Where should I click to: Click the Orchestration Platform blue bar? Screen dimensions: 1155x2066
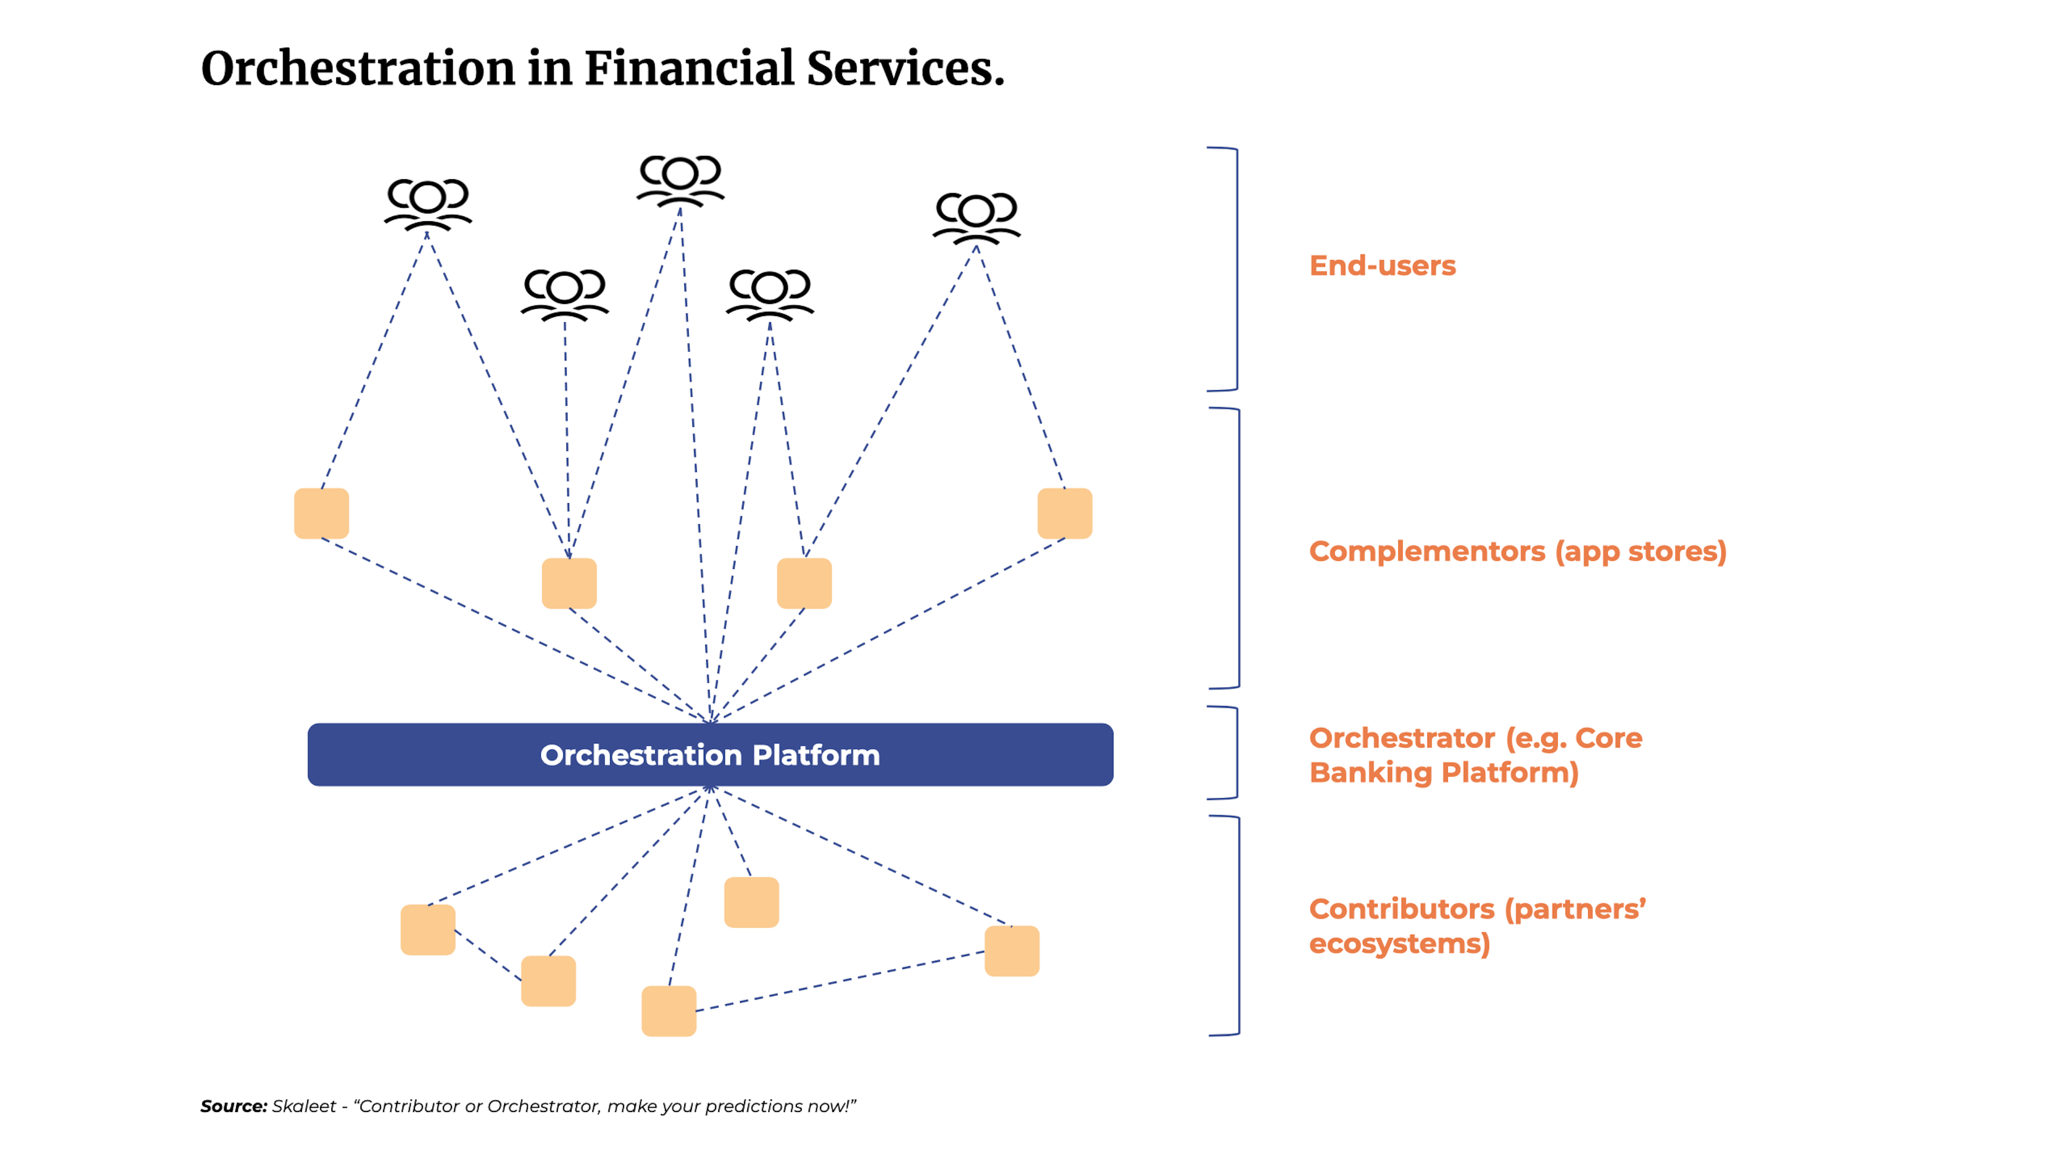710,755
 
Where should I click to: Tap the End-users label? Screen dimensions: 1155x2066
1382,265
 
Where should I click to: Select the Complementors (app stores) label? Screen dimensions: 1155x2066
1517,551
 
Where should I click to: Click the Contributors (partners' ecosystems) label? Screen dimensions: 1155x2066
1476,926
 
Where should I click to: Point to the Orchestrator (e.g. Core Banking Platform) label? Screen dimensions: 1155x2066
1474,755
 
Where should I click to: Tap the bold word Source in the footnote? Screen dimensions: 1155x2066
232,1106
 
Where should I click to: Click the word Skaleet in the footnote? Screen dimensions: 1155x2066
304,1106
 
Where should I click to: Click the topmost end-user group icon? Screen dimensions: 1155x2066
680,180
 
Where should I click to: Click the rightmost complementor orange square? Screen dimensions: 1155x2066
1064,513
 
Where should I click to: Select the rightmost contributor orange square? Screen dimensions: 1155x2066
1011,951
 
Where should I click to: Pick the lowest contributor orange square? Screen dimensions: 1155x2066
669,1011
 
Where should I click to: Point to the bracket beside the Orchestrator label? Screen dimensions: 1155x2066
1235,752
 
